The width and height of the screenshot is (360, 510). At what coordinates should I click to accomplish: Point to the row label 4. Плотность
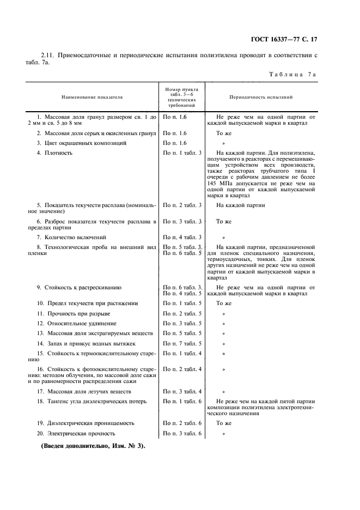tap(54, 153)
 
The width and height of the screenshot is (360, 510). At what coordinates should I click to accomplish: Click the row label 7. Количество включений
tap(71, 238)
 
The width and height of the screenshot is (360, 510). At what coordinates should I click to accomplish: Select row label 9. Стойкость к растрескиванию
tap(78, 287)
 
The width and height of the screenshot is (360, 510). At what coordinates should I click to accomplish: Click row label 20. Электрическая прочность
tap(76, 434)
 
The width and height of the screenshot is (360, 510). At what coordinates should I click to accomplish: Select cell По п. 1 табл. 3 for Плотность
tap(183, 153)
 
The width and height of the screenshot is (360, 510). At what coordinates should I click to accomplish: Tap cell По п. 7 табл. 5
tap(183, 343)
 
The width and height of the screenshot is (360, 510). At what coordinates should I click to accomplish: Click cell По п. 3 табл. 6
tap(183, 434)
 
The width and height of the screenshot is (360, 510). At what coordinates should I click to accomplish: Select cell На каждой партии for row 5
tap(241, 205)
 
